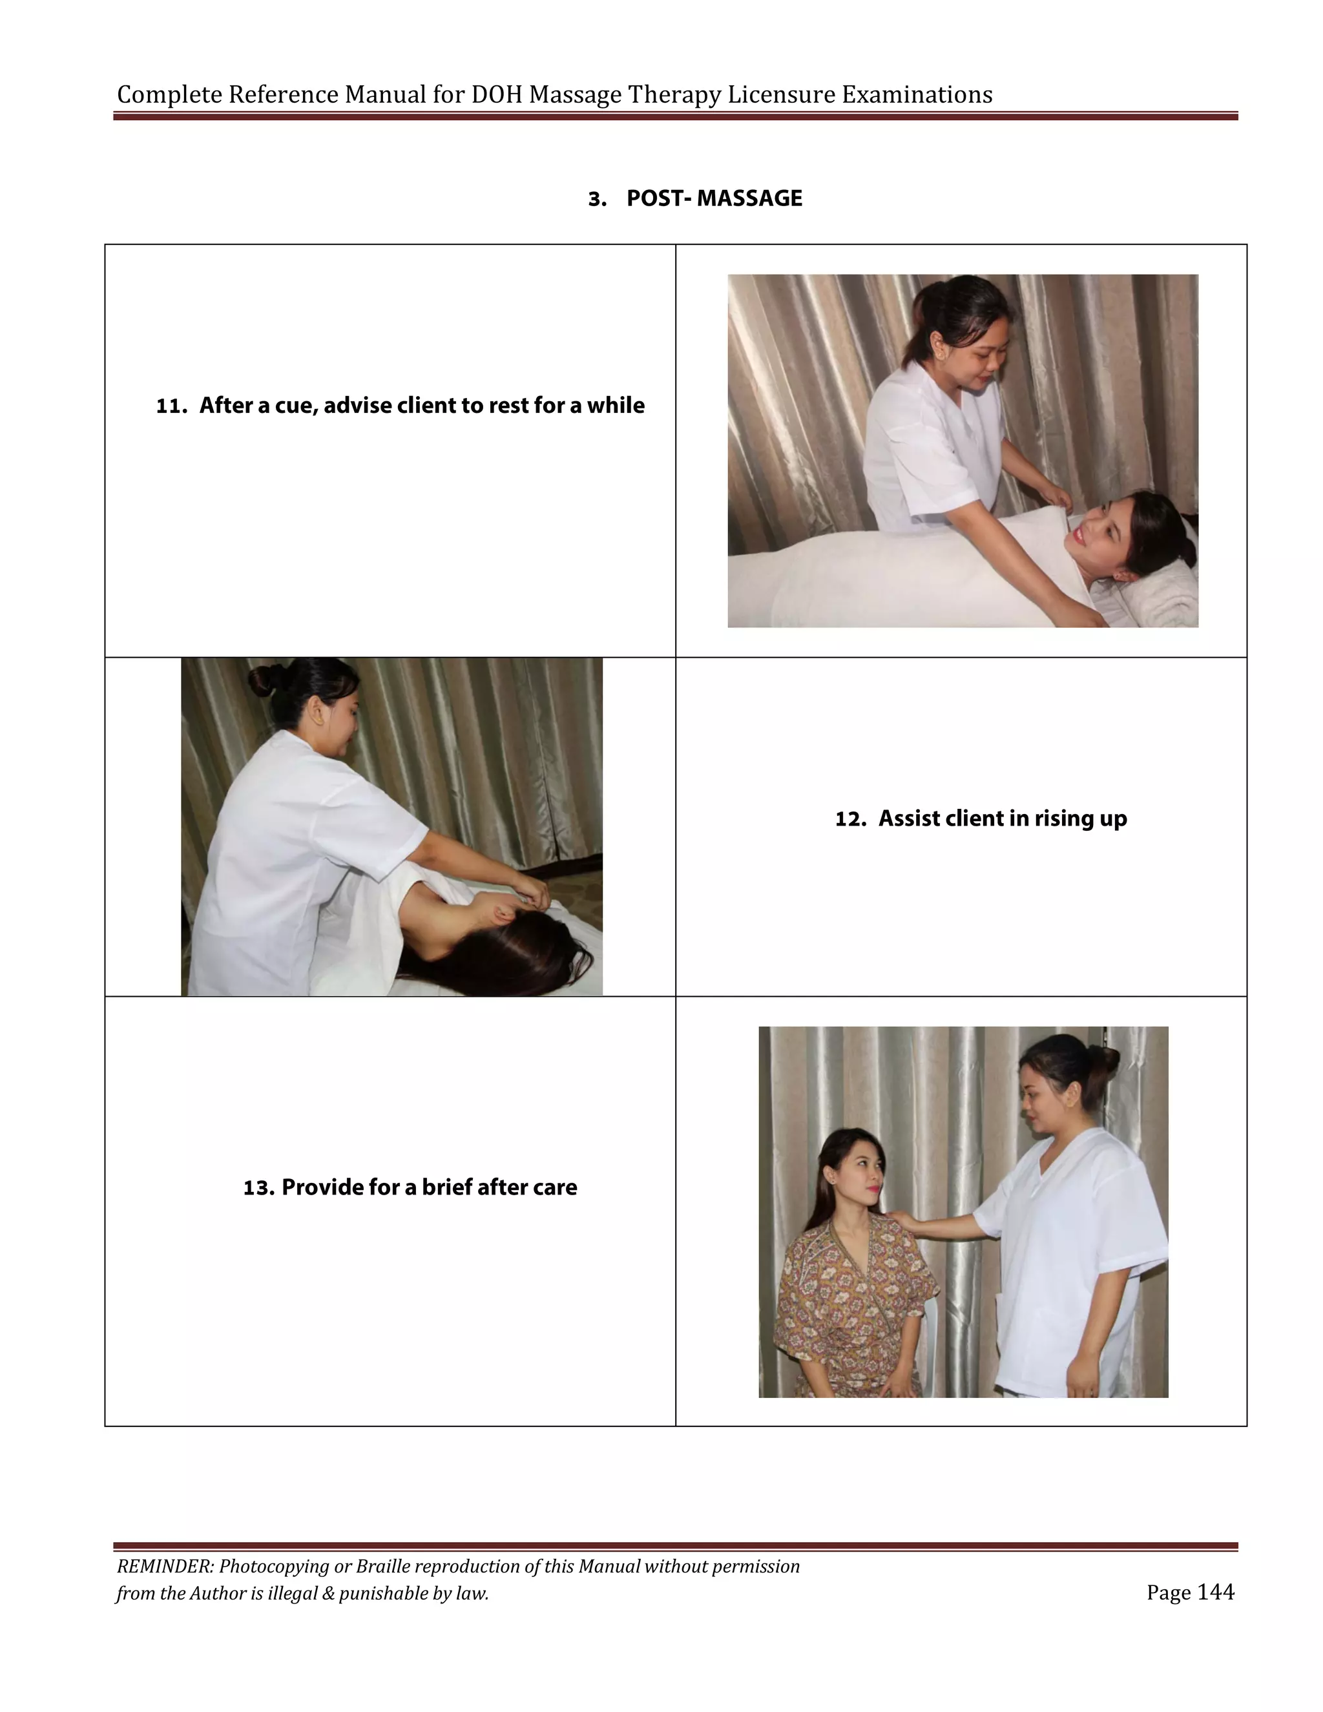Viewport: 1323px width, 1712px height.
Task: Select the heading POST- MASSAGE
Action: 713,198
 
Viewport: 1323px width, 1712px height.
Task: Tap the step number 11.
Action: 170,406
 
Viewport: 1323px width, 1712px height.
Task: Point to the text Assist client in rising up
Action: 1002,819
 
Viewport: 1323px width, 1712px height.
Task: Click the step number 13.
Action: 258,1187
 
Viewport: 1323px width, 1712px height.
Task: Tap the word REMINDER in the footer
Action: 164,1566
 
